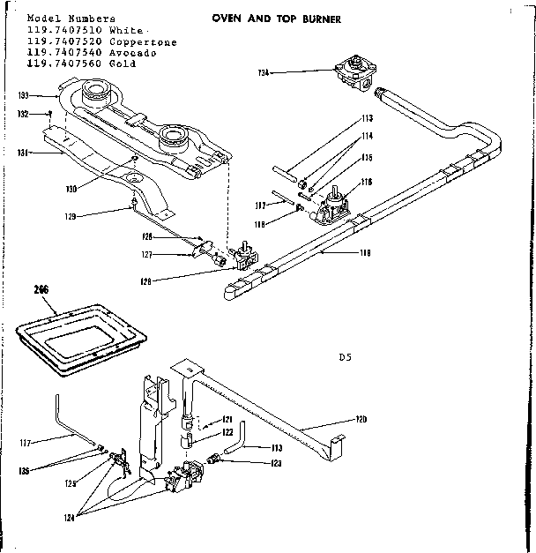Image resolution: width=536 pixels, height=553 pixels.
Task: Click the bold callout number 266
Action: (x=40, y=288)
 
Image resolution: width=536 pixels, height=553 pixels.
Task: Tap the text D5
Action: (x=345, y=358)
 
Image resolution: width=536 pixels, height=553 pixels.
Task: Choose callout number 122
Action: (x=227, y=432)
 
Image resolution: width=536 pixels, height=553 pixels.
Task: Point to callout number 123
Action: (x=251, y=462)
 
